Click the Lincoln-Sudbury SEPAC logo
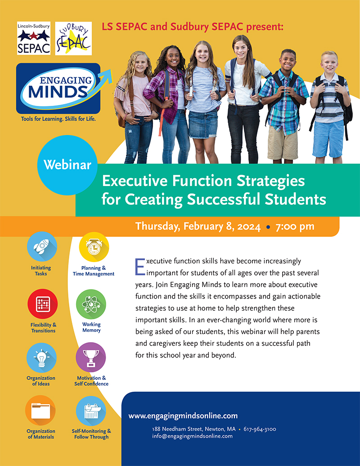(x=33, y=38)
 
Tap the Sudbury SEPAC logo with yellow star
(x=73, y=38)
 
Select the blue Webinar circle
(x=67, y=165)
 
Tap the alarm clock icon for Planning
(x=94, y=246)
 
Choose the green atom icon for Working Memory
(x=91, y=304)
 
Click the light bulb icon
(x=41, y=357)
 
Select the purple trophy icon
(x=91, y=357)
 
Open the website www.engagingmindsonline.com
(x=183, y=416)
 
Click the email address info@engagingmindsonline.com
(x=192, y=436)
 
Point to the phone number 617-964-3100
(x=260, y=429)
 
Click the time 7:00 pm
(x=295, y=226)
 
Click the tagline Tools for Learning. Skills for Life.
(x=58, y=119)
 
